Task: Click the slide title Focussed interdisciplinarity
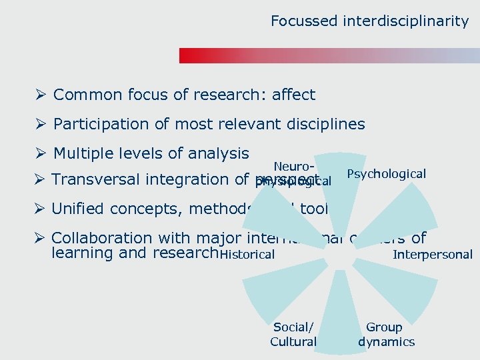coord(369,21)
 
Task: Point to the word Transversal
coord(94,179)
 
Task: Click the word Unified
coord(77,209)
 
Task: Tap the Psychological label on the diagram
coord(387,174)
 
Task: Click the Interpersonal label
coord(433,254)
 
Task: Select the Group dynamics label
coord(386,335)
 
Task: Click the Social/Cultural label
coord(293,335)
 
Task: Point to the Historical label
coord(247,254)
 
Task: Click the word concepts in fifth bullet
coord(143,209)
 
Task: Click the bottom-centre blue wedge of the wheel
coord(339,307)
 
